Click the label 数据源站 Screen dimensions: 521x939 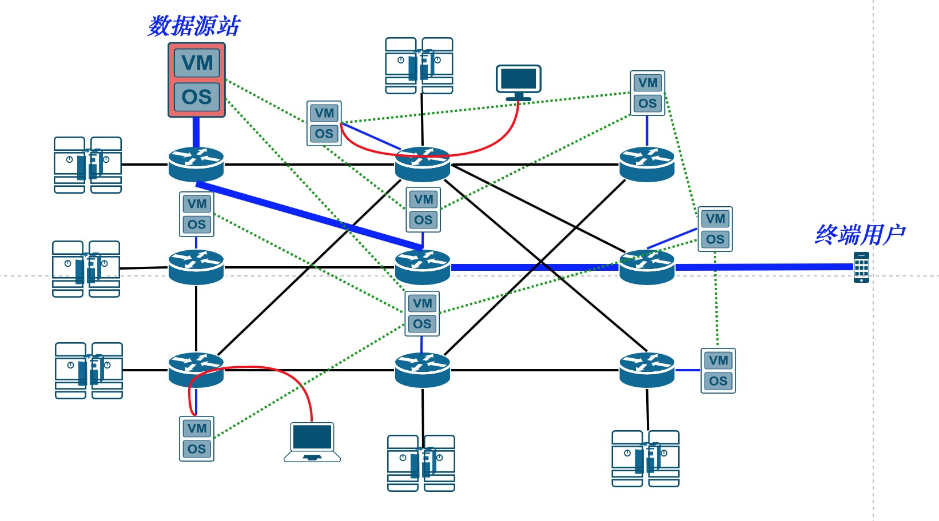click(194, 26)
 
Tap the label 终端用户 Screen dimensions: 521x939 click(860, 234)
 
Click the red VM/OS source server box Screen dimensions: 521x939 click(197, 80)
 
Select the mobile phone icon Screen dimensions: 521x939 click(861, 267)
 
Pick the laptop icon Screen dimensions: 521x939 click(312, 442)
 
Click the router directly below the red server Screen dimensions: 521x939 click(196, 164)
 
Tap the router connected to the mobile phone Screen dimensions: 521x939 click(647, 267)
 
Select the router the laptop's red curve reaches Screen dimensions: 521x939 click(196, 370)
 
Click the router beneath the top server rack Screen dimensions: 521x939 click(423, 164)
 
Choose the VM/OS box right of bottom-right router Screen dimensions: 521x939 click(718, 371)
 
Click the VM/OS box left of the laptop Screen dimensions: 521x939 click(197, 439)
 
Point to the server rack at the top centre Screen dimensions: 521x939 click(419, 66)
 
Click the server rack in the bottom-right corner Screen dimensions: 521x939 click(646, 459)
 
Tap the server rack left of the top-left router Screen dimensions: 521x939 click(87, 165)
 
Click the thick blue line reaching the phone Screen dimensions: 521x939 click(766, 267)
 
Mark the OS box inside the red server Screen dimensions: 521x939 click(197, 97)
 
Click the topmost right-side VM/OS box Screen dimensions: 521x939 click(647, 93)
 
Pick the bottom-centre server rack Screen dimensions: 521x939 click(421, 463)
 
